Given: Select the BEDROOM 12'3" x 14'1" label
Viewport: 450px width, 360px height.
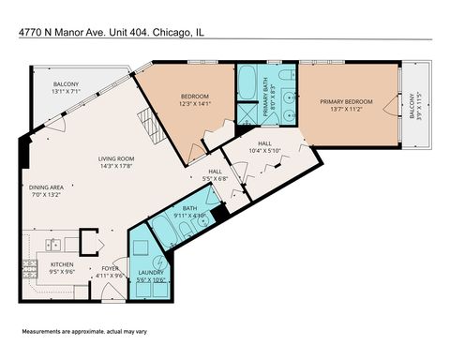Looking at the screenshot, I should (196, 99).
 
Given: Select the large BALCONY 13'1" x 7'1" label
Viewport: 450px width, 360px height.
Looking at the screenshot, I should (67, 88).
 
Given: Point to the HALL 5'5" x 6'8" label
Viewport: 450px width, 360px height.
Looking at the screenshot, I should (215, 174).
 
